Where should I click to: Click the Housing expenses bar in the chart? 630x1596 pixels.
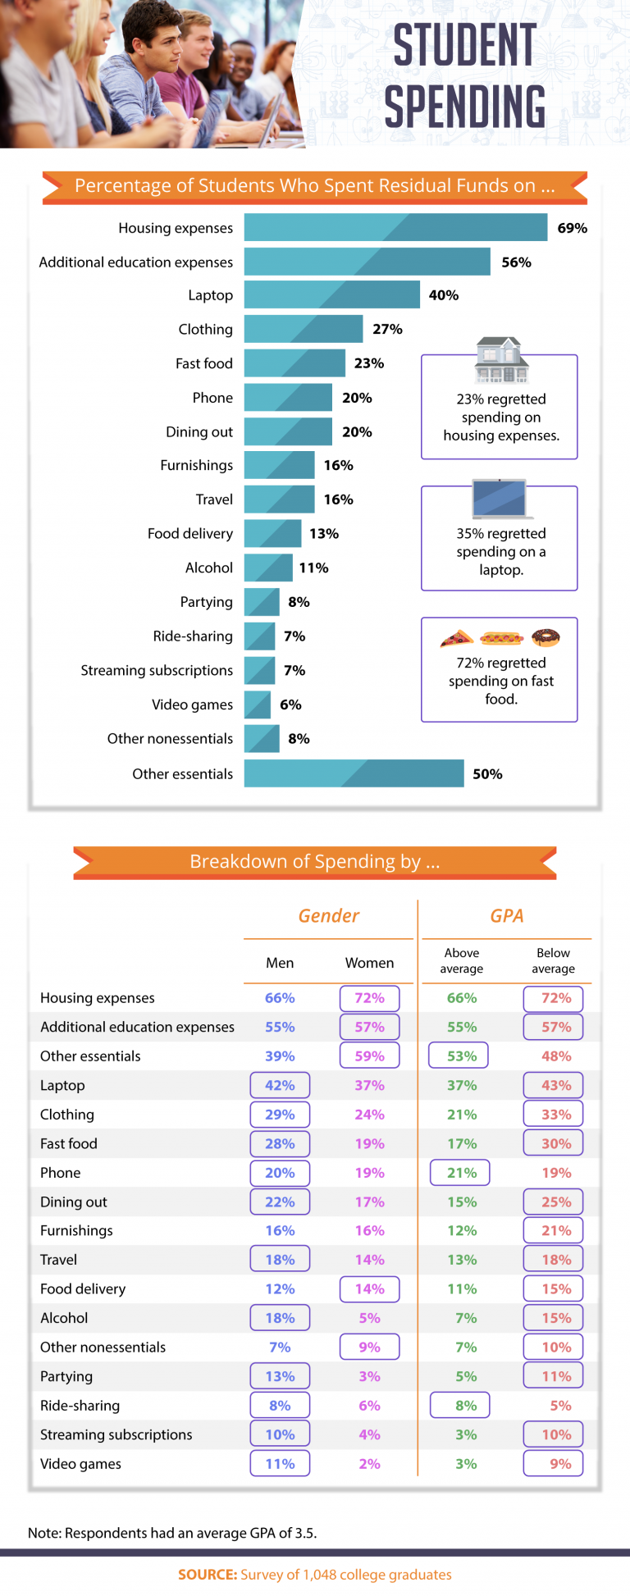(x=395, y=227)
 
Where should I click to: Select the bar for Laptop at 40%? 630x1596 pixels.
(x=331, y=294)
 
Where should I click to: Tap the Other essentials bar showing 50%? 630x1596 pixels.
(x=354, y=773)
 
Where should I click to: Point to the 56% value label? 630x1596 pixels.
(x=516, y=262)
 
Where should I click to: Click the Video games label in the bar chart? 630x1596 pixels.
(x=192, y=705)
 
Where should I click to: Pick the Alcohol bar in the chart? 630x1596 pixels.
(x=268, y=568)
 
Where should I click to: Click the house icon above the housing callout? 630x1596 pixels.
(x=501, y=360)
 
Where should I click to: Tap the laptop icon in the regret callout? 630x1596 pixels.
(x=499, y=499)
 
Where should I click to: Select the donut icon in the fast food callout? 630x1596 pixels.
(x=546, y=636)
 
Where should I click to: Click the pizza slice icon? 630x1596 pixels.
(x=457, y=637)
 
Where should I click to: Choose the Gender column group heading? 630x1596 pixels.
(x=328, y=916)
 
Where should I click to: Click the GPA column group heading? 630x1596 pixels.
(x=506, y=916)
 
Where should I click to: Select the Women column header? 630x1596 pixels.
(x=369, y=963)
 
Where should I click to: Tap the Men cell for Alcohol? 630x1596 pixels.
(x=280, y=1318)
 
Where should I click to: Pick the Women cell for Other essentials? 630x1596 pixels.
(x=369, y=1056)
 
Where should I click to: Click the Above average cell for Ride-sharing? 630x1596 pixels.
(x=460, y=1406)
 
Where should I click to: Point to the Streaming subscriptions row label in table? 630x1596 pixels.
(x=116, y=1434)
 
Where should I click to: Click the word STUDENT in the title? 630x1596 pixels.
(x=464, y=45)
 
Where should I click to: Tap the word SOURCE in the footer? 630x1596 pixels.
(x=208, y=1575)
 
